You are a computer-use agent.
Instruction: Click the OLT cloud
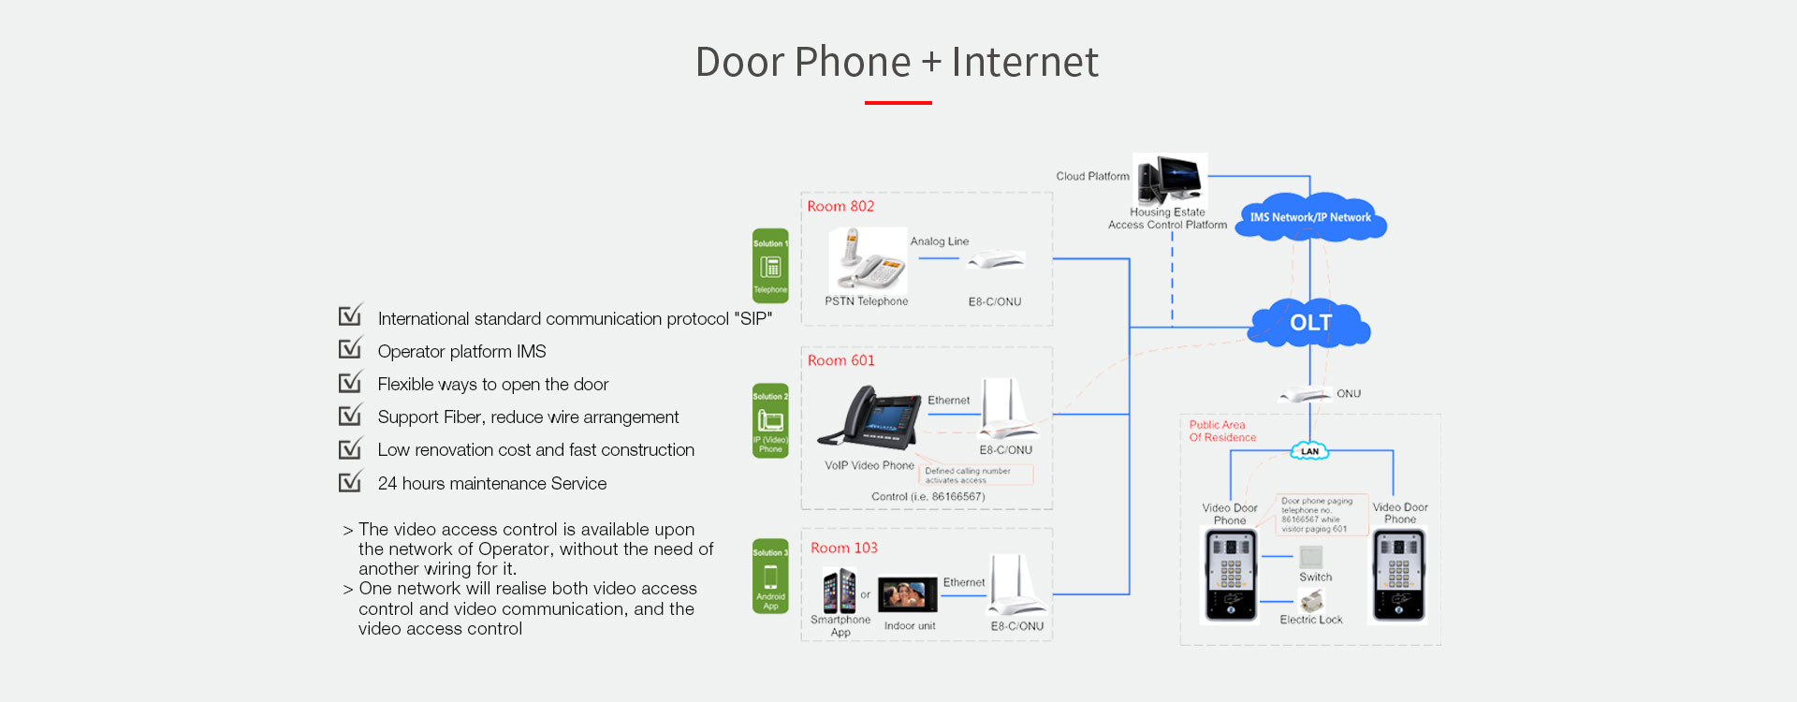tap(1310, 323)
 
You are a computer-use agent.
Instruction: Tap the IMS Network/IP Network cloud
tap(1310, 217)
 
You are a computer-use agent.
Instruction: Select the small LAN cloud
tap(1309, 451)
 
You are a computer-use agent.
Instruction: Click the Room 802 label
tap(840, 206)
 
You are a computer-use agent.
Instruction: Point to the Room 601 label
tap(840, 360)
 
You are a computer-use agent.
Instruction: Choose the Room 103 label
tap(843, 548)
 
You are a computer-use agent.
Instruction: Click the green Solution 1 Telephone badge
tap(770, 266)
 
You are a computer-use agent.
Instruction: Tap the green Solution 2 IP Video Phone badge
tap(770, 420)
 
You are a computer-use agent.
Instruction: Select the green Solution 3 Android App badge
tap(770, 577)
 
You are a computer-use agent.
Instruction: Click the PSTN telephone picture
tap(868, 260)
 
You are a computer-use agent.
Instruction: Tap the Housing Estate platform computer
tap(1169, 179)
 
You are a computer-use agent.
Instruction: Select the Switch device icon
tap(1311, 557)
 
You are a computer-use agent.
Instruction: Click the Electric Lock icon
tap(1311, 600)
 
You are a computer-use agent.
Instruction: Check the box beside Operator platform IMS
tap(350, 349)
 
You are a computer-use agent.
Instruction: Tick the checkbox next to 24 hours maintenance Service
tap(350, 481)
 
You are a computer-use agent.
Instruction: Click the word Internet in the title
tap(1025, 62)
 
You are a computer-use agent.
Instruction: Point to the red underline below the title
tap(898, 102)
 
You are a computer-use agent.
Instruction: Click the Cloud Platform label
tap(1092, 176)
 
